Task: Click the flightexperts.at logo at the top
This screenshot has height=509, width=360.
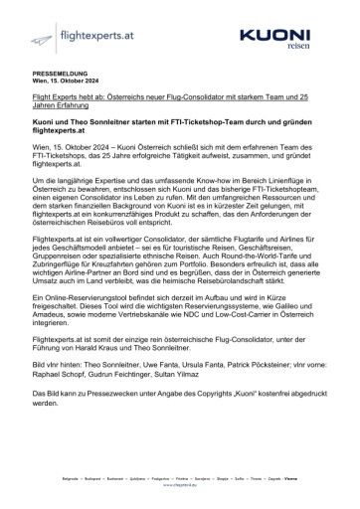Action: pos(71,36)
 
